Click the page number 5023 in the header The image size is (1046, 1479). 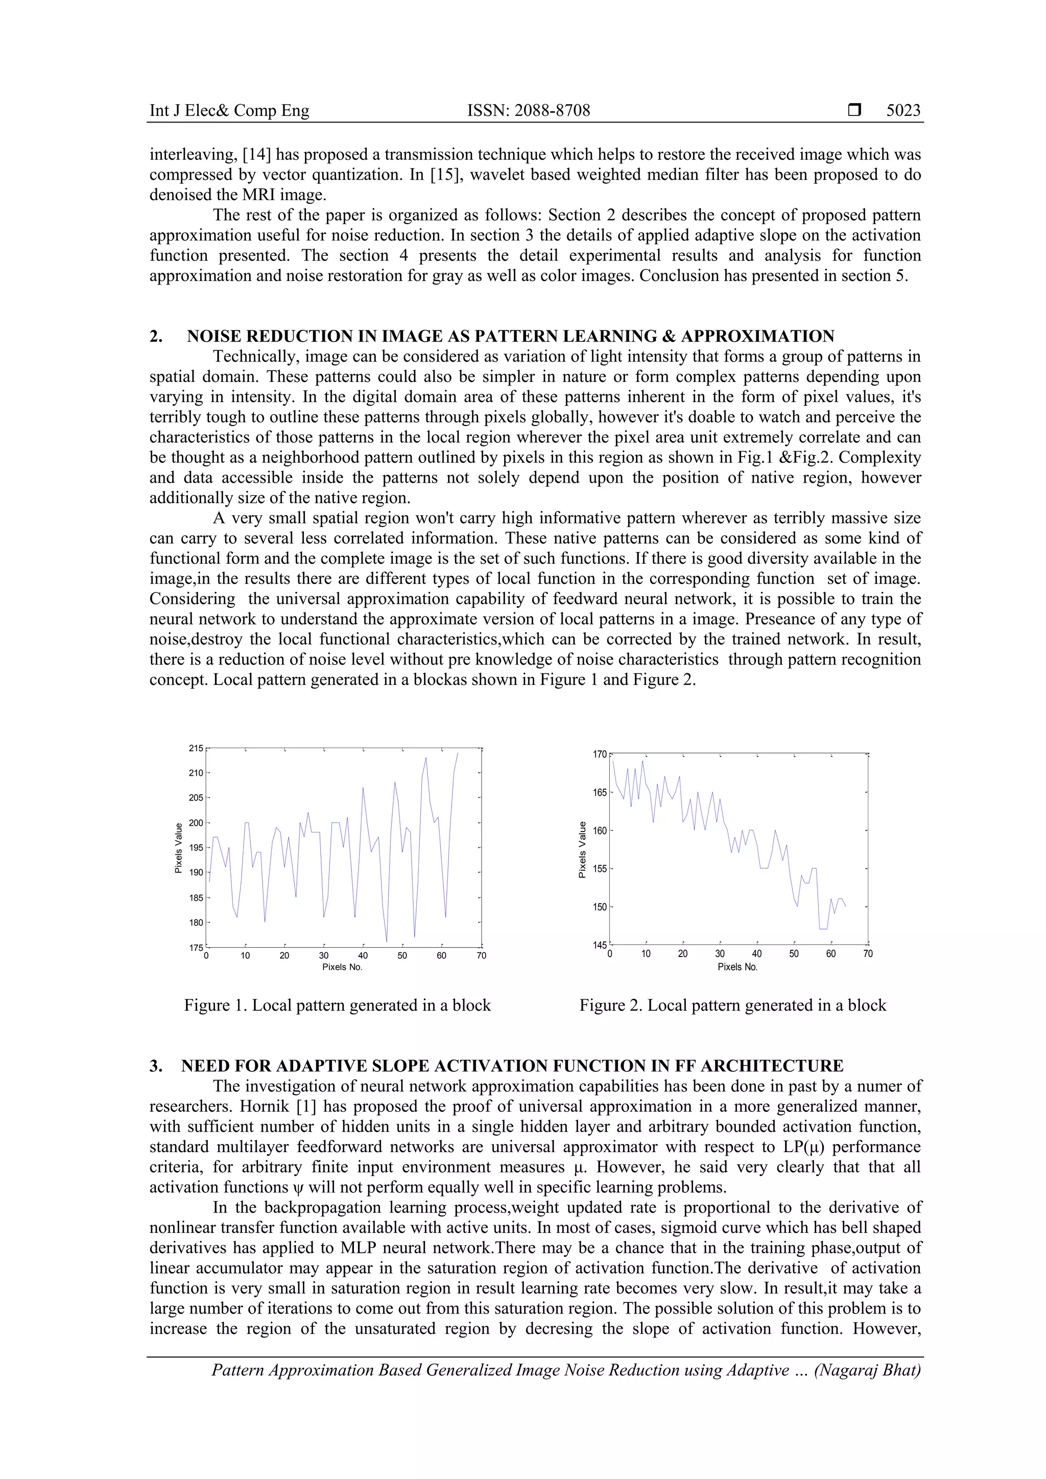(x=903, y=111)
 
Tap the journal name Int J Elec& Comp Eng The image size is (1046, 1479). (x=229, y=111)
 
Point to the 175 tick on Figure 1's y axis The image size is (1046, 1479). (x=196, y=947)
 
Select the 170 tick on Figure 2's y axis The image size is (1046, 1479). (x=600, y=754)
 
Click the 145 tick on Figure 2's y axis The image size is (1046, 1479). (x=600, y=945)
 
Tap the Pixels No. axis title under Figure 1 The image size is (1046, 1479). (x=342, y=967)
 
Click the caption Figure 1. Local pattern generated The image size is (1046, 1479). (x=337, y=1006)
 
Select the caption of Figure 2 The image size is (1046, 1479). (x=732, y=1006)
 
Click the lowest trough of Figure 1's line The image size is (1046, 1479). (x=387, y=941)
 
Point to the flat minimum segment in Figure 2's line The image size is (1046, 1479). (x=823, y=928)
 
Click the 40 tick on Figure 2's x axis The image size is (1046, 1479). (x=757, y=953)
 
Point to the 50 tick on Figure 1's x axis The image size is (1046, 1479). (x=402, y=956)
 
